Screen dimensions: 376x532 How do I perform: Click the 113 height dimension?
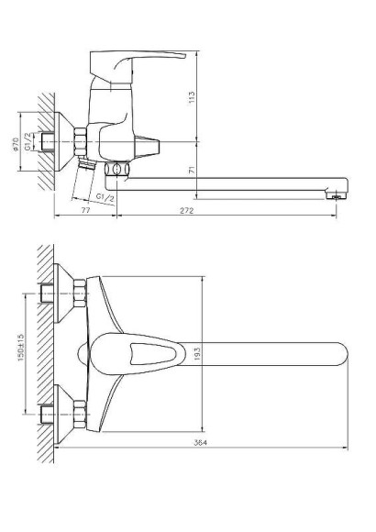click(x=192, y=97)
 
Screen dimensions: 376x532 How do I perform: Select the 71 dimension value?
click(x=193, y=170)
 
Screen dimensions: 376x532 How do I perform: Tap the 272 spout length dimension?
click(x=187, y=211)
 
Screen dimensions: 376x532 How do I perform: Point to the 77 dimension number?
click(x=86, y=210)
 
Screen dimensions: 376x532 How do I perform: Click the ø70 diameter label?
click(x=15, y=144)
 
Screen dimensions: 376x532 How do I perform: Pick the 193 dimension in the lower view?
click(x=197, y=353)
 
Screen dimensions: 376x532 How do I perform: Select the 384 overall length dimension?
click(x=200, y=442)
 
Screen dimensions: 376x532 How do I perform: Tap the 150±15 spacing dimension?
click(x=21, y=348)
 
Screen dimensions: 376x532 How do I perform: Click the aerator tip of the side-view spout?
click(x=337, y=195)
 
